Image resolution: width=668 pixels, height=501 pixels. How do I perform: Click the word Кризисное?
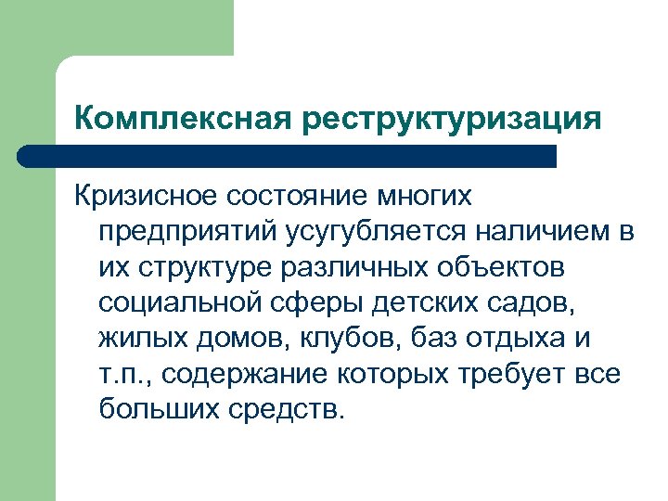point(148,196)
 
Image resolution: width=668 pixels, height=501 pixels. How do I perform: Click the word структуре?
point(203,267)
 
